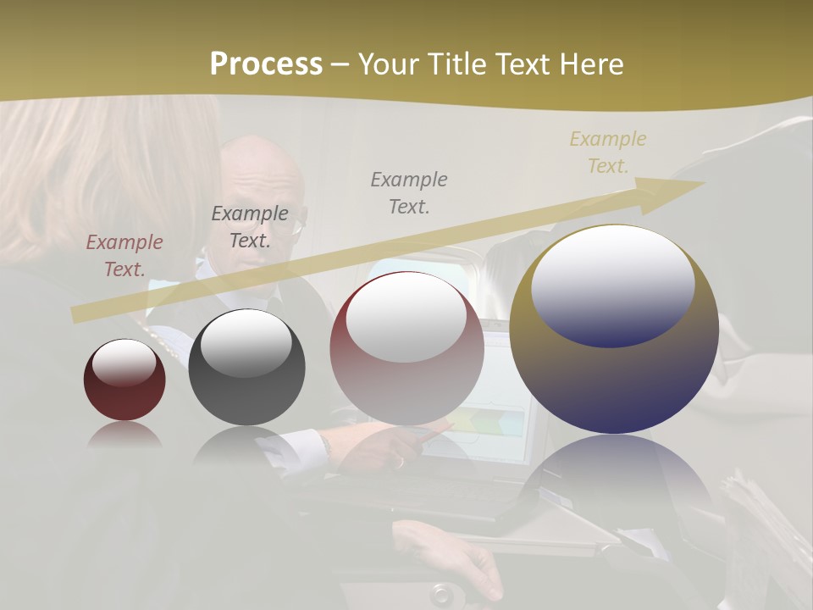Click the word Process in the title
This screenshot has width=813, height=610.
coord(266,64)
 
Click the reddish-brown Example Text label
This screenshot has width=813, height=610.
coord(124,255)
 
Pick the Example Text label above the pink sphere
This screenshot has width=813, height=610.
coord(409,192)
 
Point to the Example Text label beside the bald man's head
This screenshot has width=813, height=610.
coord(250,226)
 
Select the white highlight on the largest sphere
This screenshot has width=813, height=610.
coord(612,284)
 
